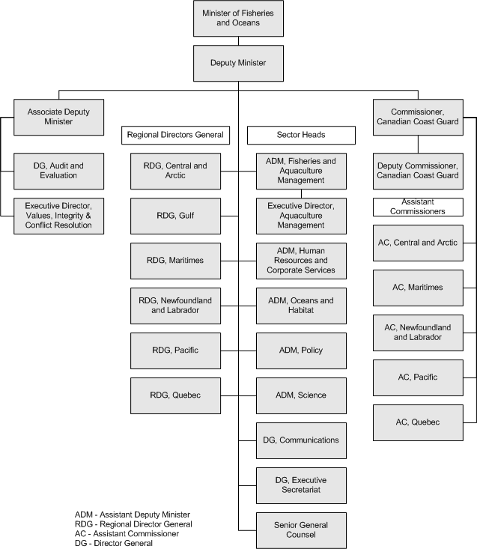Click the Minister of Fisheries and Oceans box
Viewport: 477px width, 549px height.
tap(238, 18)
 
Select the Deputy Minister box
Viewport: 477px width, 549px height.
tap(238, 63)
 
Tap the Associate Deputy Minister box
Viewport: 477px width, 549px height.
tap(59, 118)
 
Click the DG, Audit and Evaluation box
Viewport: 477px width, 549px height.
tap(59, 171)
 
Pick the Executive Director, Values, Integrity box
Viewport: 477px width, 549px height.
tap(59, 216)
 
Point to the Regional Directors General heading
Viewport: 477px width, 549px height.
tap(175, 135)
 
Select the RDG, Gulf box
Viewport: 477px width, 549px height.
tap(175, 216)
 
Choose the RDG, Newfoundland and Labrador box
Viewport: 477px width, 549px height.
tap(175, 306)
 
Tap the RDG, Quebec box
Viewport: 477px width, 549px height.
tap(175, 395)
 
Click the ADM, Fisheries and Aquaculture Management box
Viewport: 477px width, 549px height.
tap(301, 171)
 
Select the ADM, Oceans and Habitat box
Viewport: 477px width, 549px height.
tap(301, 306)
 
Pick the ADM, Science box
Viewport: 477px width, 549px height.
tap(301, 395)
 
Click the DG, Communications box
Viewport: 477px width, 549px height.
tap(301, 440)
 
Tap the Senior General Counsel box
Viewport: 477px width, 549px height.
tap(301, 530)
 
